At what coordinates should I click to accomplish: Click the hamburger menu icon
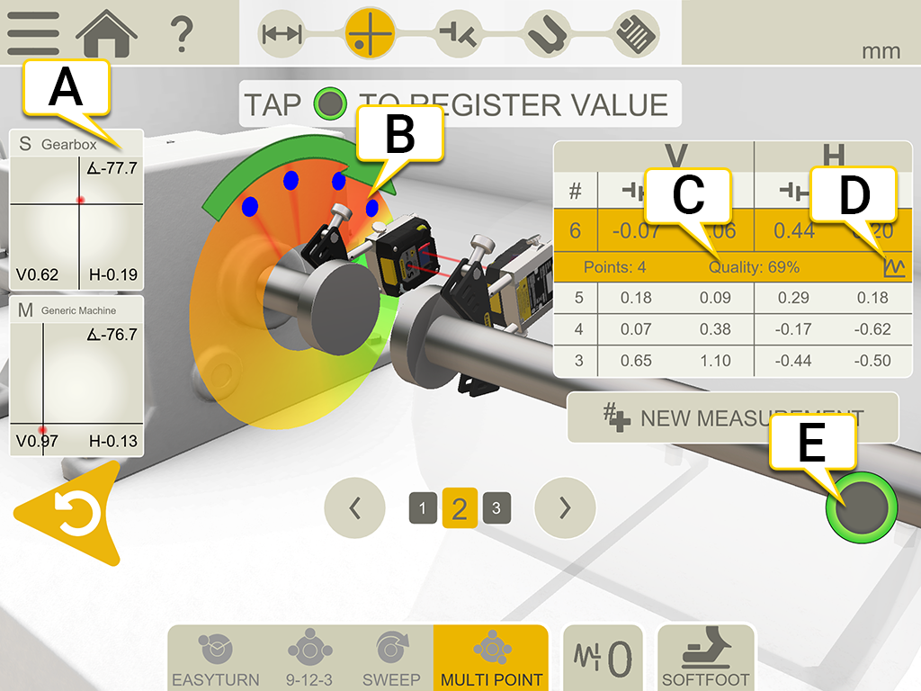coord(33,33)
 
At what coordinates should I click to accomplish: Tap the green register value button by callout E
coord(861,507)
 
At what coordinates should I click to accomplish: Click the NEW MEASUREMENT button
coord(732,417)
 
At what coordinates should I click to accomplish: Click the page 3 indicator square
coord(496,508)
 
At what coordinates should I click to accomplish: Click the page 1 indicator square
coord(423,508)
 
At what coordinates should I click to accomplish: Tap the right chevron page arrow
coord(565,508)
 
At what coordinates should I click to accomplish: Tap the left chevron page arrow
coord(354,508)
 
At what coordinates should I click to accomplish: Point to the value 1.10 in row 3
coord(715,361)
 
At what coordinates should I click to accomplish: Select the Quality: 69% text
coord(754,267)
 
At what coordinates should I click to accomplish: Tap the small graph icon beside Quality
coord(894,267)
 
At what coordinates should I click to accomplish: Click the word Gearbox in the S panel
coord(67,144)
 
